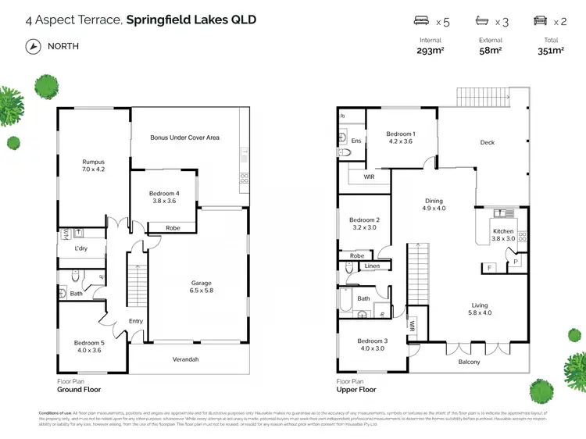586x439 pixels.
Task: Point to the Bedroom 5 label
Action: [88, 347]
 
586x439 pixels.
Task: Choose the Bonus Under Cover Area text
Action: [185, 137]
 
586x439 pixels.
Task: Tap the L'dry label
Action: [81, 248]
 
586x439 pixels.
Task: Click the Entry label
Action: [136, 321]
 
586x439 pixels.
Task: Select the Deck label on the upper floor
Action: [488, 142]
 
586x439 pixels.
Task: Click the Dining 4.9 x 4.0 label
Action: [433, 205]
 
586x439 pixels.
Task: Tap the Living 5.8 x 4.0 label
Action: [480, 309]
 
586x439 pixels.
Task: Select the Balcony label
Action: [469, 362]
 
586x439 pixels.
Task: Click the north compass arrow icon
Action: [32, 46]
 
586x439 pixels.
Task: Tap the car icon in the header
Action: [539, 21]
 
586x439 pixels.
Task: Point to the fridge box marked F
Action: [489, 268]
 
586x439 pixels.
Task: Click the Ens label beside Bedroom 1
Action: [356, 141]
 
